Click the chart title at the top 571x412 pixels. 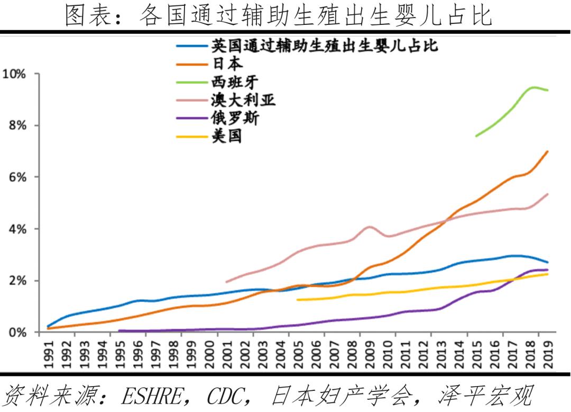pos(279,15)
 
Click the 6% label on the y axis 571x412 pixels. pos(16,177)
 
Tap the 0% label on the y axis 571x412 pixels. pos(16,333)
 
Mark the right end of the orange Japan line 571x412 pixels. pos(547,151)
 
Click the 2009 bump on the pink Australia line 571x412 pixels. pos(369,227)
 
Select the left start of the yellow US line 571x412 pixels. pos(298,300)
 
